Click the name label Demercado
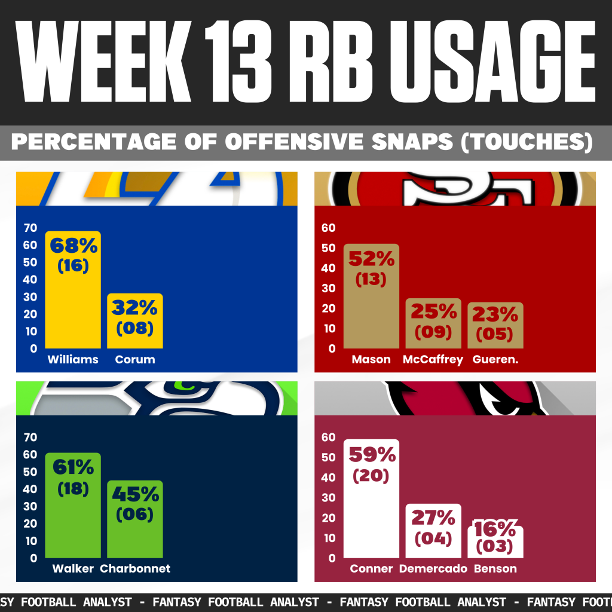click(x=433, y=569)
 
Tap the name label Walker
click(x=73, y=568)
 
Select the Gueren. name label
click(x=495, y=360)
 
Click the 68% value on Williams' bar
click(x=73, y=246)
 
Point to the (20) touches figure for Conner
click(x=371, y=476)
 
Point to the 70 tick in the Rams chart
click(x=30, y=228)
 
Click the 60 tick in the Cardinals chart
click(x=328, y=437)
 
